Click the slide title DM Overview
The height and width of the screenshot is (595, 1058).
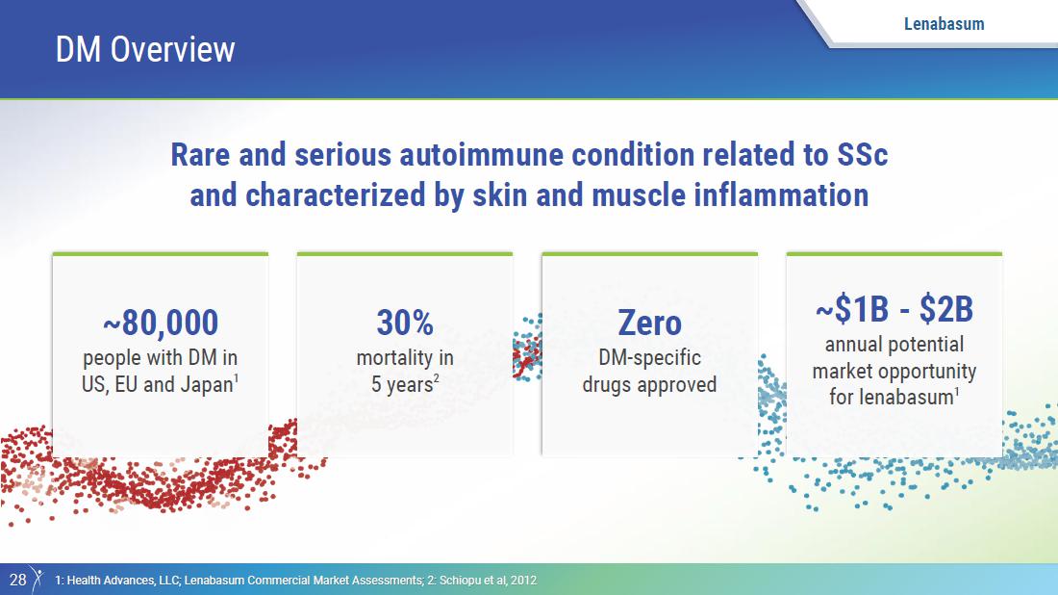[x=145, y=49]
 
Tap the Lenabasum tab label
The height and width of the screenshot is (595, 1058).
[x=944, y=24]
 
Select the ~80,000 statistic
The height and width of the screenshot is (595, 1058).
[x=161, y=323]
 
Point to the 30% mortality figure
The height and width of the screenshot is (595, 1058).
[x=405, y=323]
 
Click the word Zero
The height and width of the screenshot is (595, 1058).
[x=650, y=323]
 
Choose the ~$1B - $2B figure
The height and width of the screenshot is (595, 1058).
[x=894, y=309]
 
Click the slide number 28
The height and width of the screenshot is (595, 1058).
[x=17, y=580]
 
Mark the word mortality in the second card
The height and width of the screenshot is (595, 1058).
[x=394, y=358]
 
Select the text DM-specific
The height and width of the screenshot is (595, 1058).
[x=650, y=358]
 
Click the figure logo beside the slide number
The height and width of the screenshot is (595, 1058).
[x=38, y=579]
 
